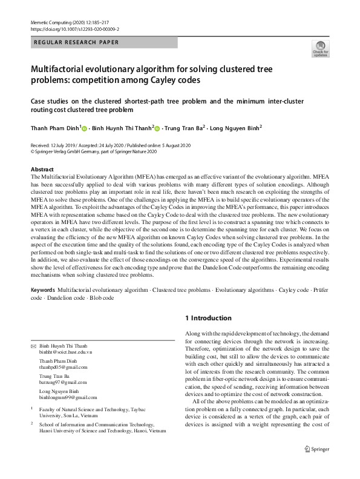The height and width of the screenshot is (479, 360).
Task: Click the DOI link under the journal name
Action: coord(74,28)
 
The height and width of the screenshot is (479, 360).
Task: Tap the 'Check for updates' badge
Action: coord(319,49)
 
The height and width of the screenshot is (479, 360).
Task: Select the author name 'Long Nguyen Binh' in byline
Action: coord(235,128)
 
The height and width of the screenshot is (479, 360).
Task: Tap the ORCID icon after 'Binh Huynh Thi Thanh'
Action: coord(157,129)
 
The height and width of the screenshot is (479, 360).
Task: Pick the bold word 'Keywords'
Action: coord(43,291)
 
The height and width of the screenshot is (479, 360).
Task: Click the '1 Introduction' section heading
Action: coord(207,318)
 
